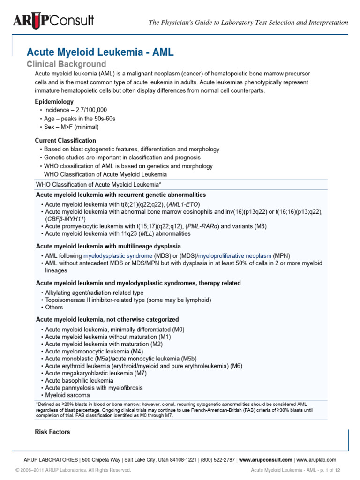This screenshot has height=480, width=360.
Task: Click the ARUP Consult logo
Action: pyautogui.click(x=52, y=21)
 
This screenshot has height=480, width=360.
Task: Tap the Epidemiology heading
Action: pyautogui.click(x=54, y=101)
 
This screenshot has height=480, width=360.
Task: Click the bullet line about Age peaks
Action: pyautogui.click(x=80, y=119)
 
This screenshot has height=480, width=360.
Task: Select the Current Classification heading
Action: pyautogui.click(x=66, y=141)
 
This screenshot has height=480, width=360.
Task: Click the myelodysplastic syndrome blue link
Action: pyautogui.click(x=118, y=256)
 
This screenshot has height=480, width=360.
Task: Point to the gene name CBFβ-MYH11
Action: pyautogui.click(x=65, y=219)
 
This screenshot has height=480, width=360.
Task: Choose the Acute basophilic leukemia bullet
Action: pyautogui.click(x=79, y=381)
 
